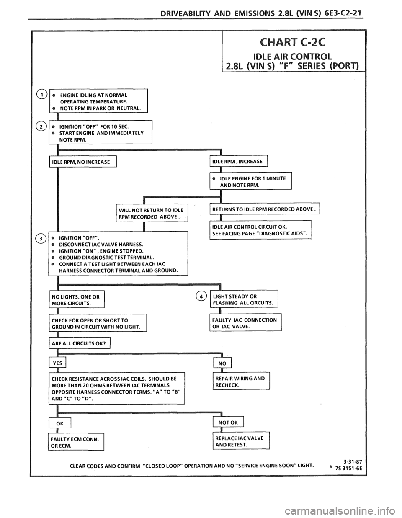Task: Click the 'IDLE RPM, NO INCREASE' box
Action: [82, 162]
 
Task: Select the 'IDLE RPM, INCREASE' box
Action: [237, 161]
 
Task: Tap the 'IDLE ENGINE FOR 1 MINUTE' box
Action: [249, 181]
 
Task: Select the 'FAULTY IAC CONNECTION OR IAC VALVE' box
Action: [245, 323]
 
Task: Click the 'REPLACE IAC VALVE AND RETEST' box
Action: [241, 442]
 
